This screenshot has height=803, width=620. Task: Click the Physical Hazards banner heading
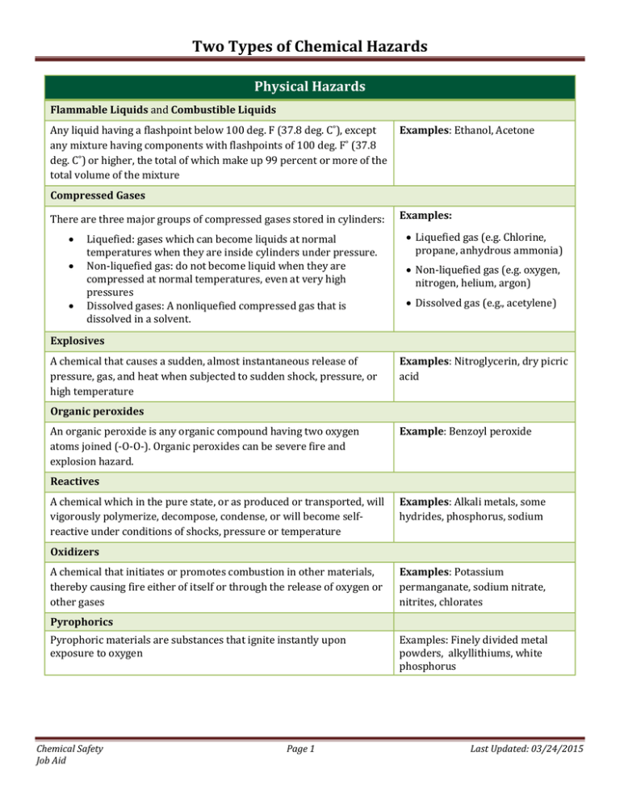coord(309,85)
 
